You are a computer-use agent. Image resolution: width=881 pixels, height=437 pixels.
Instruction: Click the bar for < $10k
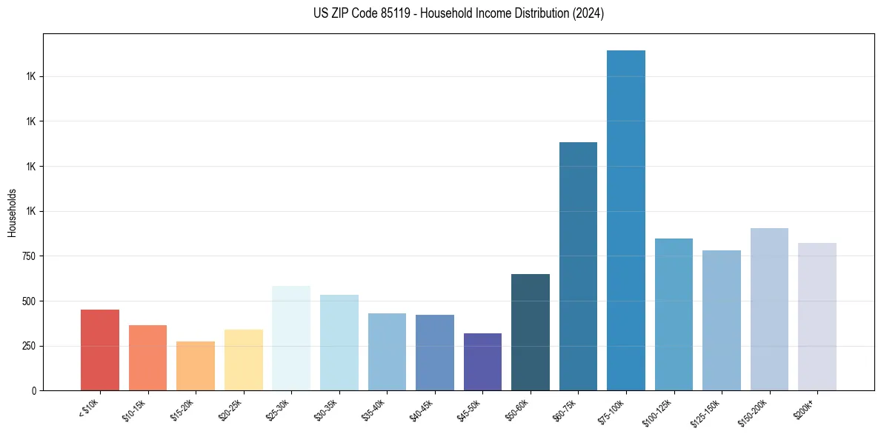(100, 350)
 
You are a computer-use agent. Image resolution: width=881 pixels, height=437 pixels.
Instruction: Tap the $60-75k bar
(578, 267)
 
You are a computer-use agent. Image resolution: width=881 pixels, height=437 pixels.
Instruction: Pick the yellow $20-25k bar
(244, 360)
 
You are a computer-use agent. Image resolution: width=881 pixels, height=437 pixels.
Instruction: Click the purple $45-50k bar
(482, 362)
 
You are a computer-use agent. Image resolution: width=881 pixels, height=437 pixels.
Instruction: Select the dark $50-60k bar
(531, 333)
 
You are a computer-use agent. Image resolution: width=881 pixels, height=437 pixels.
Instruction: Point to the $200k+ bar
(817, 317)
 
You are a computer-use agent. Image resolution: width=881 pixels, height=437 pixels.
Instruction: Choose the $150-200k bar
(769, 310)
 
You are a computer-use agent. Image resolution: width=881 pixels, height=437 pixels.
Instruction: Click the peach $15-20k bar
(196, 366)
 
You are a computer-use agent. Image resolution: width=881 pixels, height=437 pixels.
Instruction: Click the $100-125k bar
(674, 315)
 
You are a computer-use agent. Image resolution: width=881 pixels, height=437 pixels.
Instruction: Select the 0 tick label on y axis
(33, 390)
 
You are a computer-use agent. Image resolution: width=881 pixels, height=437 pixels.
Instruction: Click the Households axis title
(12, 213)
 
